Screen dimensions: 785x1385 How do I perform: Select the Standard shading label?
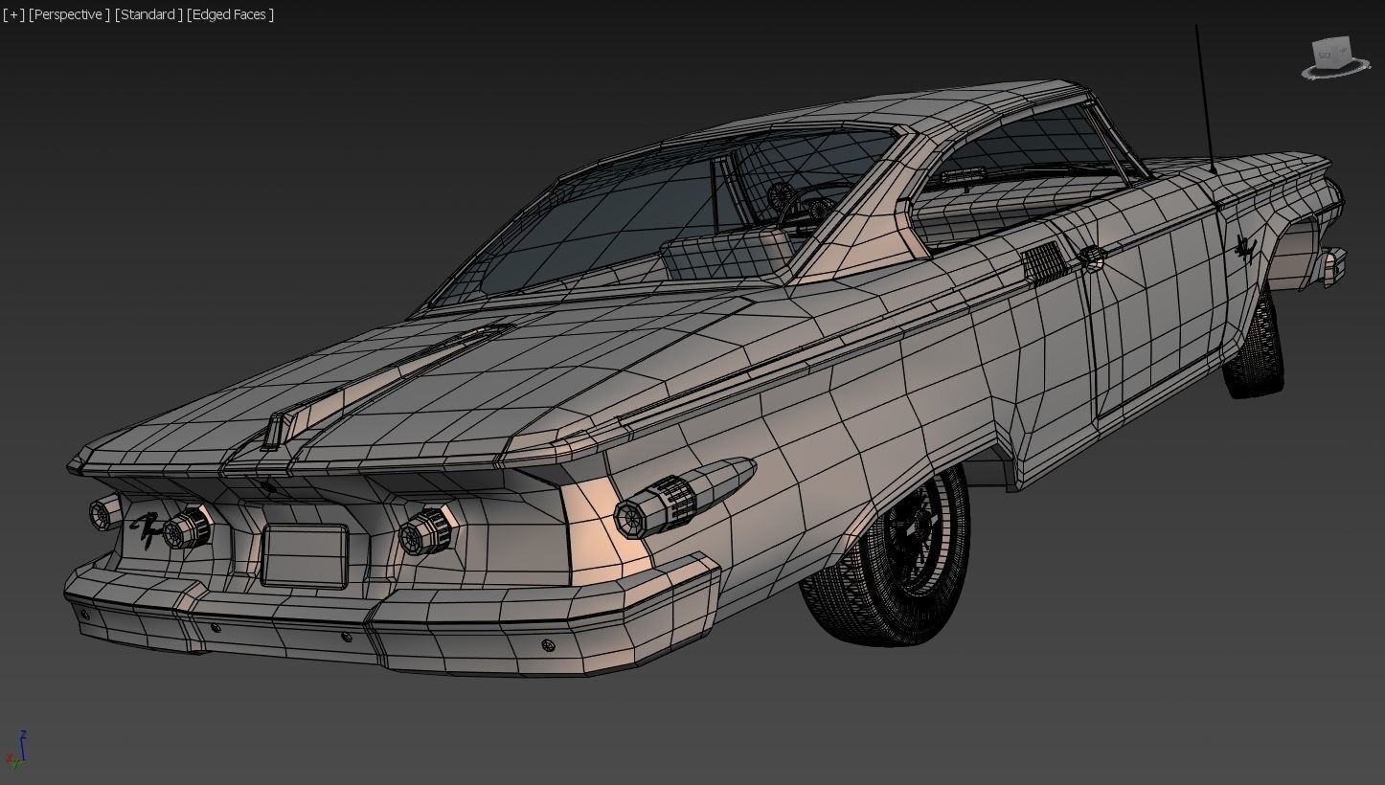tap(148, 14)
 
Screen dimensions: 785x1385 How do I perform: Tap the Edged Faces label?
tap(231, 14)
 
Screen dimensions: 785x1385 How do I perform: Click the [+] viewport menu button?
tap(12, 14)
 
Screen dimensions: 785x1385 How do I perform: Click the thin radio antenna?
tap(1204, 96)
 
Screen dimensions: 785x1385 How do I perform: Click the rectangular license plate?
tap(305, 555)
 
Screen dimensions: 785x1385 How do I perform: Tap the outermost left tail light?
tap(102, 514)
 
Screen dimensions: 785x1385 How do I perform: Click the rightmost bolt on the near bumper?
tap(548, 645)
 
